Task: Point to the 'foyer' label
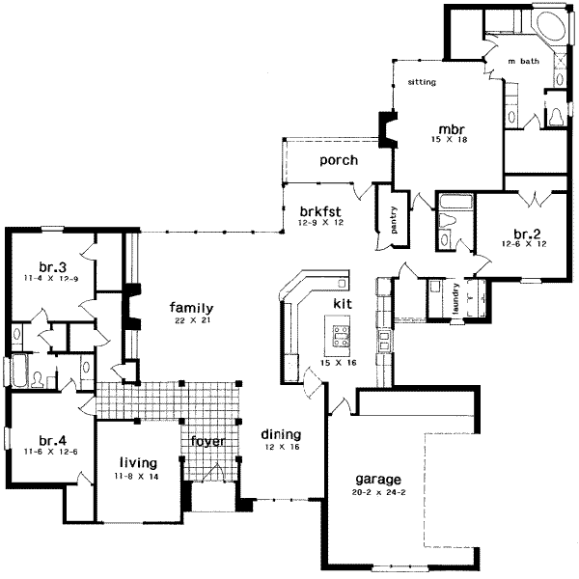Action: coord(207,443)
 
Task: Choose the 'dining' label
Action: coord(281,435)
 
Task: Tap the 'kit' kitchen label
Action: coord(342,303)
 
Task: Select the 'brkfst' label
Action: coord(317,209)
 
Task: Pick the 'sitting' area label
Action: coord(422,83)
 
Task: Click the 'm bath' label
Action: coord(524,62)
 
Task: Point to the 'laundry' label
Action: coord(453,299)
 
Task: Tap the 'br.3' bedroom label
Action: coord(51,267)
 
